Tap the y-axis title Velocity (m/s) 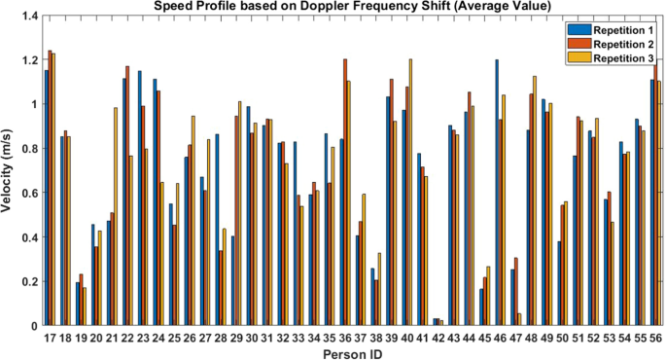click(8, 171)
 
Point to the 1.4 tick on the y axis click(27, 18)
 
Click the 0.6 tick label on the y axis click(27, 194)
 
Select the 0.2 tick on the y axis click(27, 282)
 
